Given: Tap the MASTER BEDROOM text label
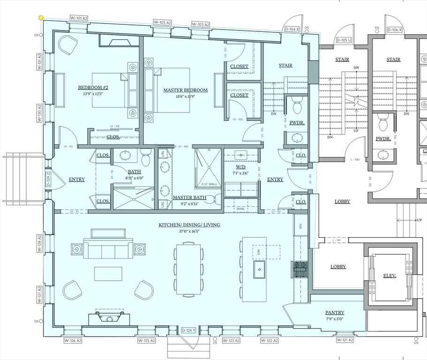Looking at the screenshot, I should pyautogui.click(x=185, y=90).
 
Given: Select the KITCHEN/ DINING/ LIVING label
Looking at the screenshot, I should pyautogui.click(x=189, y=225).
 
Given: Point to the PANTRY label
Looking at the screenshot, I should pyautogui.click(x=335, y=313).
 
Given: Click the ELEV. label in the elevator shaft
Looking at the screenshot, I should pyautogui.click(x=389, y=276).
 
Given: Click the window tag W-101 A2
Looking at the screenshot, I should pyautogui.click(x=79, y=18).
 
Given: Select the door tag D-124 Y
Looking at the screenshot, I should pyautogui.click(x=189, y=330).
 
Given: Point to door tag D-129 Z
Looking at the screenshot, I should pyautogui.click(x=48, y=179).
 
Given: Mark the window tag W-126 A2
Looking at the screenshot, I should pyautogui.click(x=72, y=340).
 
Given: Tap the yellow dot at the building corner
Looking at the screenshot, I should pyautogui.click(x=41, y=18).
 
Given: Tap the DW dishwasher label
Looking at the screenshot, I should pyautogui.click(x=259, y=252).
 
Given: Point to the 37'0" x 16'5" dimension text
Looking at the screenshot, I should pyautogui.click(x=189, y=232).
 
